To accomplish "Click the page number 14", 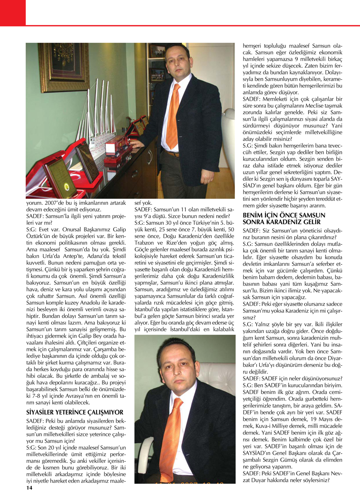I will pyautogui.click(x=29, y=488).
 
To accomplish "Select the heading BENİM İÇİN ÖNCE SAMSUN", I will pyautogui.click(x=284, y=215).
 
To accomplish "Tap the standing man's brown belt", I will pyautogui.click(x=173, y=153).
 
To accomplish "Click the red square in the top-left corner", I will pyautogui.click(x=13, y=13).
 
